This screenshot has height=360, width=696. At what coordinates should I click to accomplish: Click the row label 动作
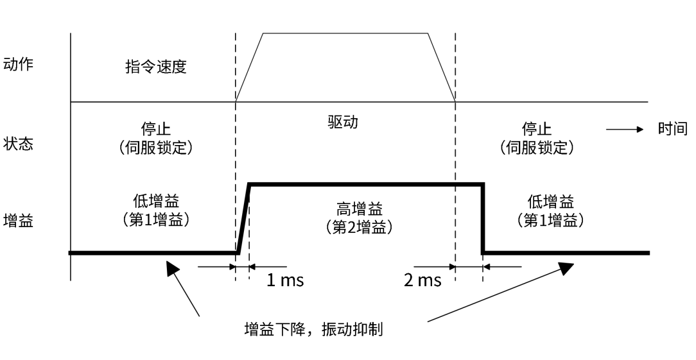coord(18,65)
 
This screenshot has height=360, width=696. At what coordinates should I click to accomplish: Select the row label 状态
coord(18,143)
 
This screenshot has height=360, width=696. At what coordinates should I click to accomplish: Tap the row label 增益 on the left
coord(18,222)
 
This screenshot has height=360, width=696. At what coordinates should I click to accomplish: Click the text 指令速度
coord(155,67)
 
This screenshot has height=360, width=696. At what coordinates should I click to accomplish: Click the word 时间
coord(672,129)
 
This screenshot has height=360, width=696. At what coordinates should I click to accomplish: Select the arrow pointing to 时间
coord(625,130)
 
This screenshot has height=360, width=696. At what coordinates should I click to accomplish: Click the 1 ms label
coord(285,280)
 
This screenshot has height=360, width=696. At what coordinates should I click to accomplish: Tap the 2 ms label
coord(422,280)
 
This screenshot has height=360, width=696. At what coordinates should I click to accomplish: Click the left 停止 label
coord(156,130)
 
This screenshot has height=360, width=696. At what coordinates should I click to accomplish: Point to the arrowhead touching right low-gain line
coord(565,267)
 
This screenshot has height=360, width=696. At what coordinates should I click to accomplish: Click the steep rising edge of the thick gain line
coord(243,218)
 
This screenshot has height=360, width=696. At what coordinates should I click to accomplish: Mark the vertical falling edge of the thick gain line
coord(483,218)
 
